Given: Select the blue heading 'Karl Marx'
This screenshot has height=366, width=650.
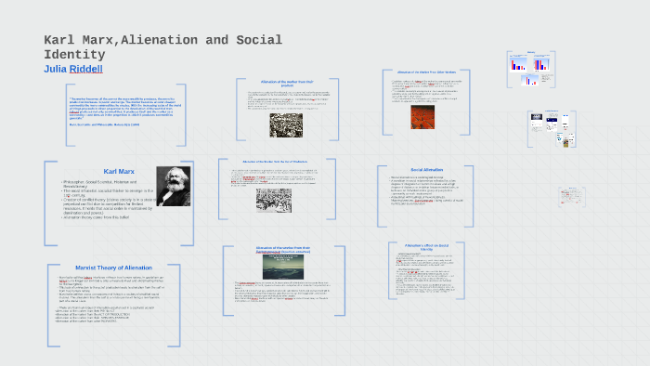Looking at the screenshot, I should point(119,172).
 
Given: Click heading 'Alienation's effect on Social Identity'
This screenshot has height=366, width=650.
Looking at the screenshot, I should point(427,246).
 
